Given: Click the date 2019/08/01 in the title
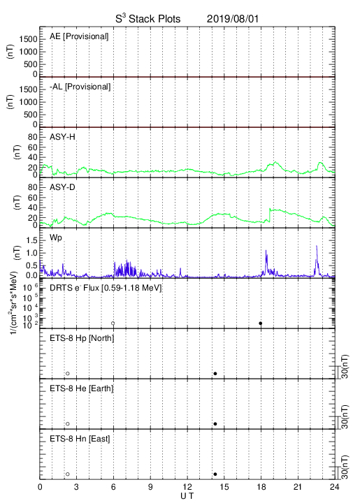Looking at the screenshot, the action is pos(232,19).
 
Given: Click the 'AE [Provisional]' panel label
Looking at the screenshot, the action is pos(79,36).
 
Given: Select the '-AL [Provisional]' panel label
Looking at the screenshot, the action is pos(80,87).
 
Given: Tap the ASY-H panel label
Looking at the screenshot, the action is pos(62,137).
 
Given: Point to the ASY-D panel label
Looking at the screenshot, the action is pos(62,187).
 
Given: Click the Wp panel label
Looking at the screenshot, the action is pos(55,238).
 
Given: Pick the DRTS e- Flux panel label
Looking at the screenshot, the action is pos(106,288).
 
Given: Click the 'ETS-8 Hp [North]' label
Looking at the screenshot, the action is pos(82,338).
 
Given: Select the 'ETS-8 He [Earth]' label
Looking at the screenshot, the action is pos(82,388).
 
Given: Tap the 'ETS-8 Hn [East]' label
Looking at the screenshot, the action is pos(80,439).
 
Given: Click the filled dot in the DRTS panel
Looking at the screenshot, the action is pos(261,323).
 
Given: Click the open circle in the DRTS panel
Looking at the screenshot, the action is pos(113,323).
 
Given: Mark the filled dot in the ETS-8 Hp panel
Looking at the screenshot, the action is pos(215,373).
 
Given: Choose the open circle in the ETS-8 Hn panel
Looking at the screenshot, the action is pos(68,474).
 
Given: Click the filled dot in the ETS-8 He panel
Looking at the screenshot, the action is pos(215,424).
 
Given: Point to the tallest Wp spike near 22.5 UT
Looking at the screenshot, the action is pos(317,246).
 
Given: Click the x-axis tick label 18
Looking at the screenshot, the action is pos(261,487).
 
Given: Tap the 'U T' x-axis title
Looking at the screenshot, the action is pos(187,496).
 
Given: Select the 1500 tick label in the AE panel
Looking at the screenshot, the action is pos(28,39).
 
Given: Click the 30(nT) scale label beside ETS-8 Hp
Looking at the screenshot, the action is pos(345,367).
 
